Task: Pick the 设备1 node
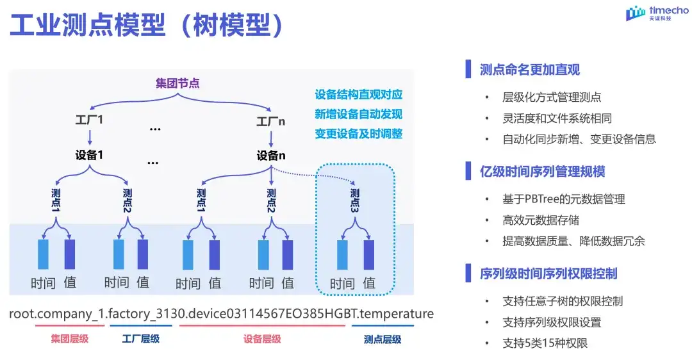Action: [89, 156]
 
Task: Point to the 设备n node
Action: [271, 156]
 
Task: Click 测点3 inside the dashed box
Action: [355, 202]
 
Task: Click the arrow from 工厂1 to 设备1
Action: [90, 138]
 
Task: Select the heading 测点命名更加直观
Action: [530, 69]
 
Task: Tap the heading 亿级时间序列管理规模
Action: [542, 172]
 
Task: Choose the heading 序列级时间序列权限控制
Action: [548, 274]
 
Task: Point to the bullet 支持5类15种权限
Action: [545, 343]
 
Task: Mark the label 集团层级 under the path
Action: [69, 339]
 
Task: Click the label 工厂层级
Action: [141, 339]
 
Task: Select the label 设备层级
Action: [262, 339]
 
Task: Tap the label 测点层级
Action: [383, 339]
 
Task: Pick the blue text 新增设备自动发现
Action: [359, 114]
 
